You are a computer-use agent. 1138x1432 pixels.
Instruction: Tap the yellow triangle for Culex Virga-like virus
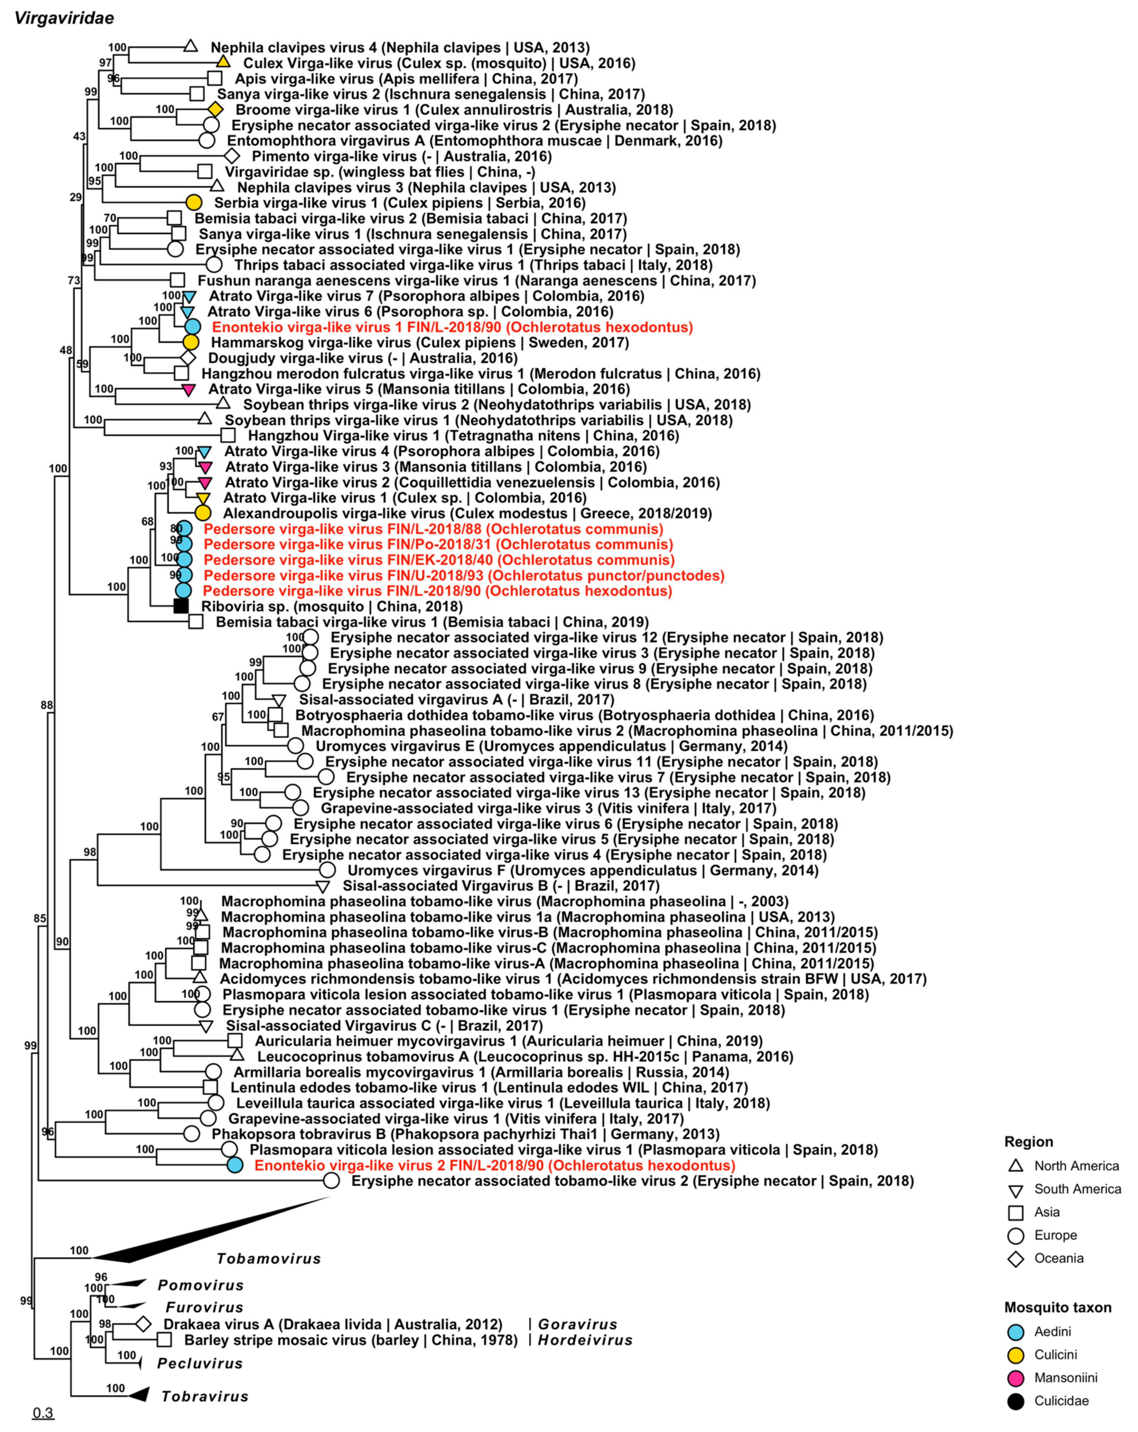click(x=223, y=62)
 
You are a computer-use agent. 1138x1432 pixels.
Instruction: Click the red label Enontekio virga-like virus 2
click(x=494, y=1165)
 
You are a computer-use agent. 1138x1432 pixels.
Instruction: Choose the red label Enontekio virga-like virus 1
click(x=452, y=327)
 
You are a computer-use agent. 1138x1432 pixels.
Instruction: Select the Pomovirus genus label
click(x=201, y=1285)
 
